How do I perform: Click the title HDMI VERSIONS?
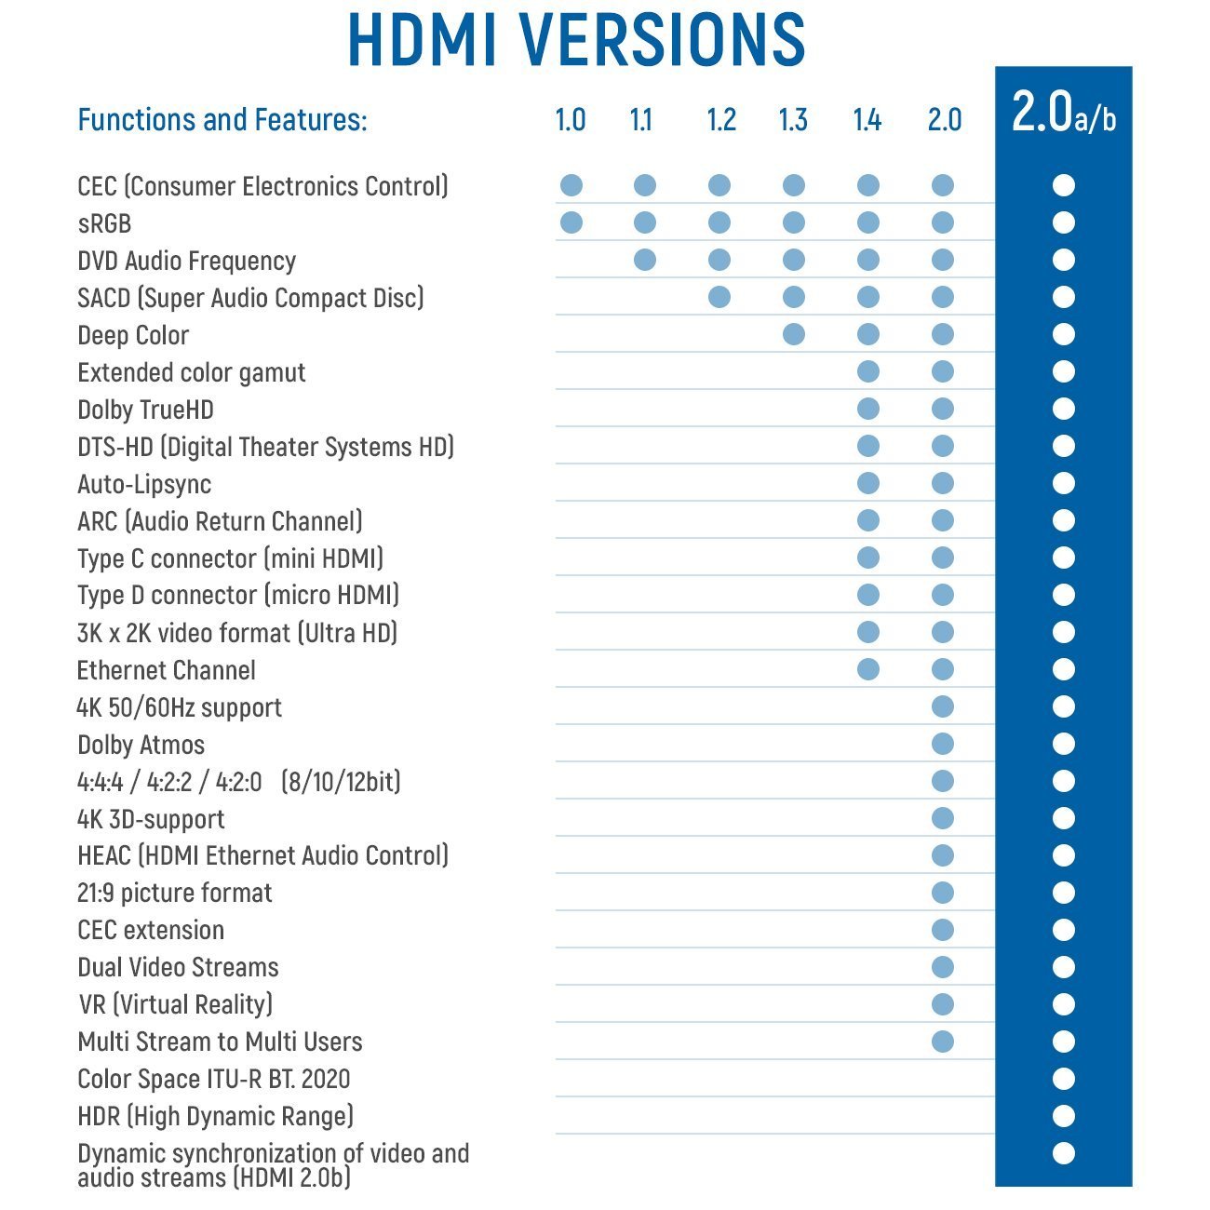576,39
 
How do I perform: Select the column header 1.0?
571,120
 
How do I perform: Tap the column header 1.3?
793,120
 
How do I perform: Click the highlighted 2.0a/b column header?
1063,114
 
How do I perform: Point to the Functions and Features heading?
222,120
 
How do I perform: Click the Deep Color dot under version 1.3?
794,334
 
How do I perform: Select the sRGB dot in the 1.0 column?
571,222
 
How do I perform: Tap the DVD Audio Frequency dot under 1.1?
644,260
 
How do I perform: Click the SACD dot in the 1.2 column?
719,297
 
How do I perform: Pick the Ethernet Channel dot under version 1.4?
868,669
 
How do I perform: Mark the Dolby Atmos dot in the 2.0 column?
943,744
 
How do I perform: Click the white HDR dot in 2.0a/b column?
1064,1116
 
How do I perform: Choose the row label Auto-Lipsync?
144,484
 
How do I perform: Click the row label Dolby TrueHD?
146,410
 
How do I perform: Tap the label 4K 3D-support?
151,819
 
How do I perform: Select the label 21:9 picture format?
175,894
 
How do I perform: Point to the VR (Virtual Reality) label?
176,1004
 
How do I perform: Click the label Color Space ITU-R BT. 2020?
214,1079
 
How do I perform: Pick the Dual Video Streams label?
178,967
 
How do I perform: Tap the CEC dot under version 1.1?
644,185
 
